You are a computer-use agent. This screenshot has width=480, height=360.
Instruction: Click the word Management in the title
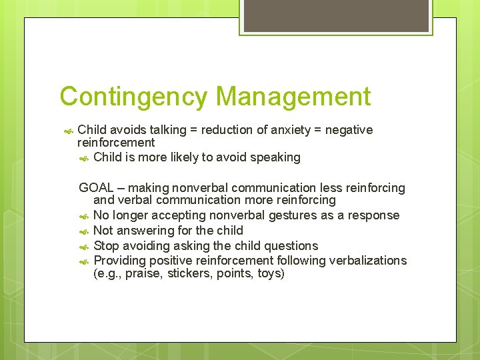pos(293,97)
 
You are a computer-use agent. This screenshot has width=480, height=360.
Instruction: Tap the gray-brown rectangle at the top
pos(335,17)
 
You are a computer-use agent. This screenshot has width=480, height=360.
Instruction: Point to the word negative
pos(349,130)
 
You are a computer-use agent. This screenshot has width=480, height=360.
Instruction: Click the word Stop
pos(106,245)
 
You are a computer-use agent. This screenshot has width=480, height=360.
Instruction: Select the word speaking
pos(275,157)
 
